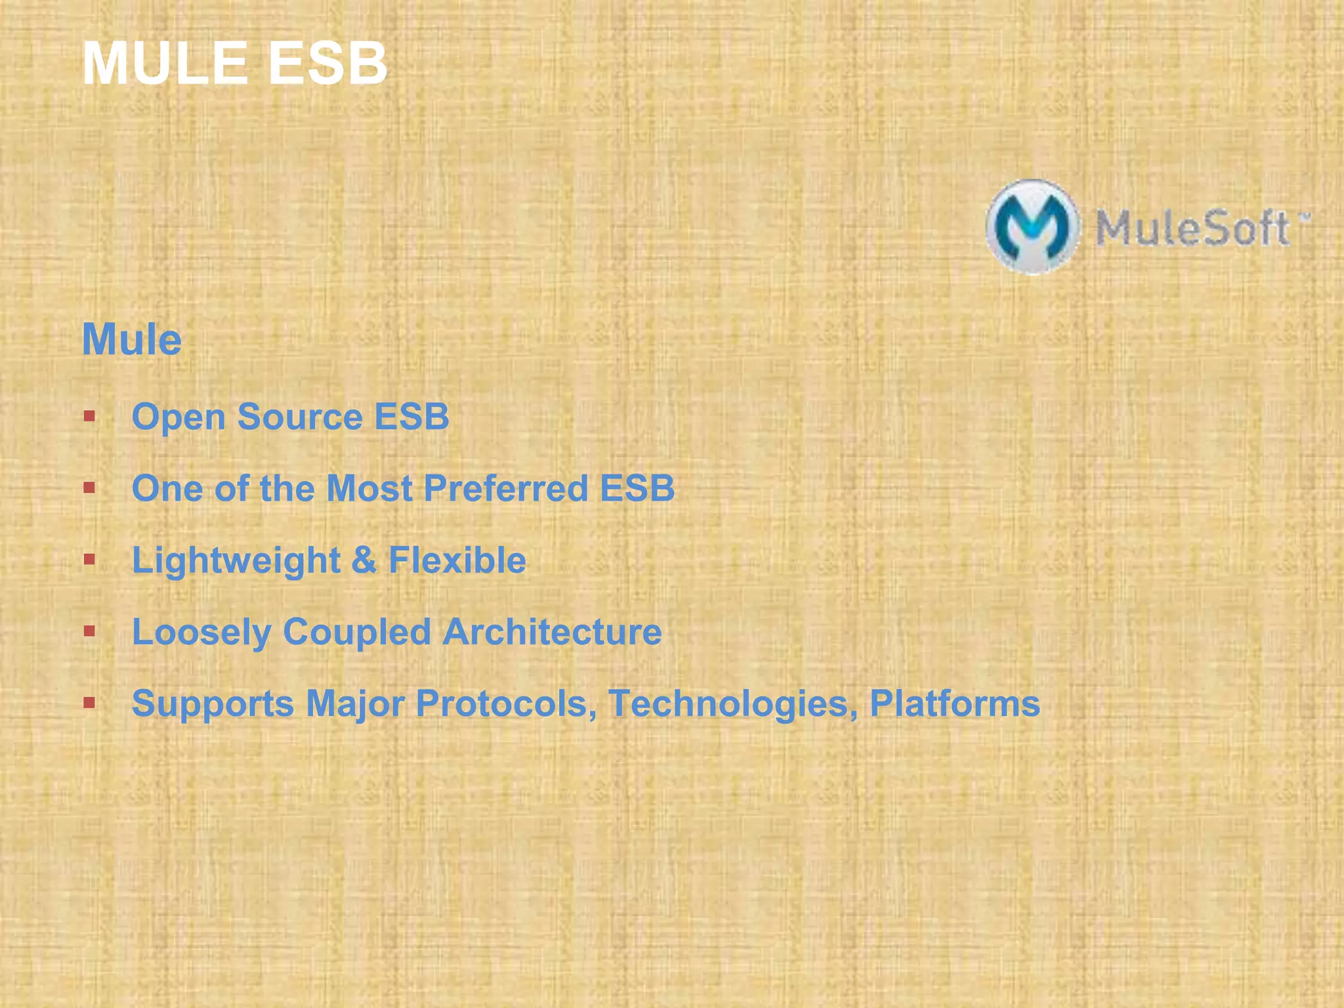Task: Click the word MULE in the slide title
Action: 164,64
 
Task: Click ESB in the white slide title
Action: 327,64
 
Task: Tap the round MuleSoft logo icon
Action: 1032,226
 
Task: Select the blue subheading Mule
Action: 132,340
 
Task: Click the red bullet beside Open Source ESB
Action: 90,416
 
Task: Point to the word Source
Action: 299,417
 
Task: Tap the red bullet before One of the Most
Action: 90,488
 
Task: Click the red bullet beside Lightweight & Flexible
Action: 90,560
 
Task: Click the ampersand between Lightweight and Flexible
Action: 364,560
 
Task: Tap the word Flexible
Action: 457,560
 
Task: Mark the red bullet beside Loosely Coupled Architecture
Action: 90,631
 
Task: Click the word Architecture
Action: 552,632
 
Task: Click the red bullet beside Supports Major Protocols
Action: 90,703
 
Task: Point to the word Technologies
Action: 732,704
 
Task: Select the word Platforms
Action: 955,703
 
